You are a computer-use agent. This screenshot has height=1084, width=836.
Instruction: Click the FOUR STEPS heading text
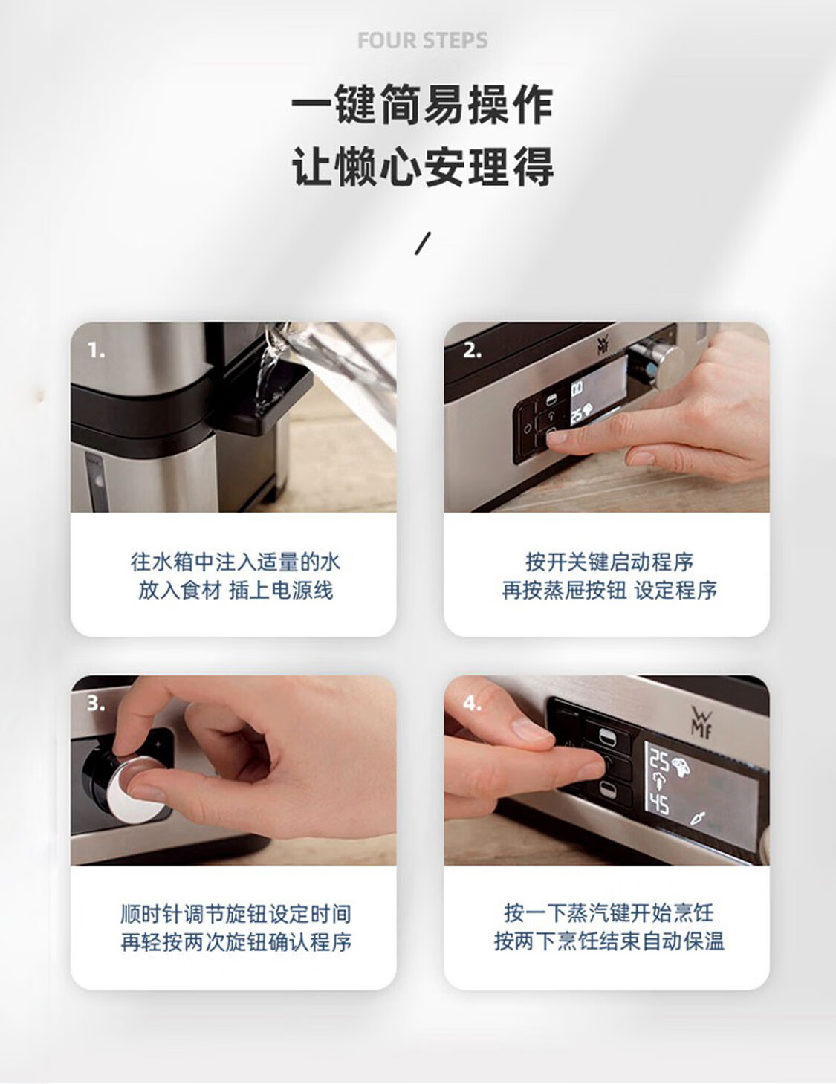coord(423,40)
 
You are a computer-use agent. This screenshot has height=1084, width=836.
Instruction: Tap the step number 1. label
coord(97,351)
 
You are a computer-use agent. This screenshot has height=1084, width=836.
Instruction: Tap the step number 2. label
coord(472,351)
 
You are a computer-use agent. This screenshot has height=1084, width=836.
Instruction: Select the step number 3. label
coord(96,703)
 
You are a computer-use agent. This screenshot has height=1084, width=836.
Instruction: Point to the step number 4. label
coord(472,703)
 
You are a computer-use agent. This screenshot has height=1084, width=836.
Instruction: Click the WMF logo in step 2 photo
coord(603,345)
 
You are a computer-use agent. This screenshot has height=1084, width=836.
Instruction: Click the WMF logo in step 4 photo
coord(701,721)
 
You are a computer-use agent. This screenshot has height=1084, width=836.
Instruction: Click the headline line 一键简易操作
coord(423,105)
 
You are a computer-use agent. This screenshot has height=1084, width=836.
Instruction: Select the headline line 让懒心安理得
coord(423,166)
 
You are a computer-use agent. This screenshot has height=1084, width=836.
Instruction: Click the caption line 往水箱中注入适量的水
coord(236,562)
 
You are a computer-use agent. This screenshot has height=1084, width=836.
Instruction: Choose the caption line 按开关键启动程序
coord(609,562)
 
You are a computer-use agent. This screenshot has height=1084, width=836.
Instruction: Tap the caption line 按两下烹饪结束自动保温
coord(609,942)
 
